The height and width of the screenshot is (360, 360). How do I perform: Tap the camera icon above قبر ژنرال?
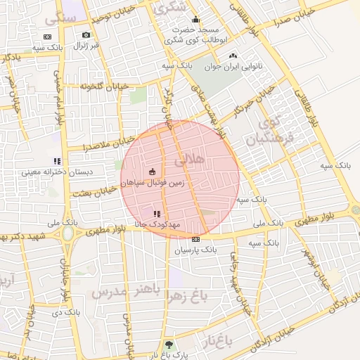(86, 34)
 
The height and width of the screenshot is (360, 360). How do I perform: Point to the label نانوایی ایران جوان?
(232, 67)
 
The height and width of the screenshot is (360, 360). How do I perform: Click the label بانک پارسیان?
(193, 250)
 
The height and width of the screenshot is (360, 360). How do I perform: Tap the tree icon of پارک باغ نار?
(168, 345)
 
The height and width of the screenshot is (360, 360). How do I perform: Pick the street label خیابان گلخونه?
(105, 86)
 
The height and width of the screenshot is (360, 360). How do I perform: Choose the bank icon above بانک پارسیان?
(195, 239)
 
